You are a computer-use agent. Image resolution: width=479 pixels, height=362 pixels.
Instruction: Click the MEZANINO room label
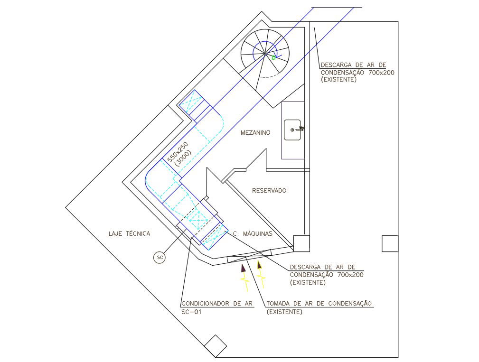click(255, 133)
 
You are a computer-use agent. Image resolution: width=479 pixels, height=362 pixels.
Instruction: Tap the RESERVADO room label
click(269, 191)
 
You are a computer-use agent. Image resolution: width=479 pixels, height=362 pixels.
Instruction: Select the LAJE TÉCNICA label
click(129, 233)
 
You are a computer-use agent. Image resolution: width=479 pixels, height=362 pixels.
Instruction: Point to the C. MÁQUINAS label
click(253, 233)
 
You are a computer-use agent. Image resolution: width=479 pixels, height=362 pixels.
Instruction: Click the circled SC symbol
click(160, 258)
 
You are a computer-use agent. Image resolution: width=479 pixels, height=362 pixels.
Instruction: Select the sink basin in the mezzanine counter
click(292, 130)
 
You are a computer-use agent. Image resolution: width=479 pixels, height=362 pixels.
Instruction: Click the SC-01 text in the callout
click(192, 312)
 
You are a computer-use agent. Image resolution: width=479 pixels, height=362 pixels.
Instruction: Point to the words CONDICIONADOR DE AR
click(216, 304)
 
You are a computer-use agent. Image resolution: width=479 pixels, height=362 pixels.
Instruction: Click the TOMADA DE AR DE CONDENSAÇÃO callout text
click(319, 304)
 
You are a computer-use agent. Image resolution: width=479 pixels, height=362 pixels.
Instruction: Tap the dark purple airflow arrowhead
click(244, 268)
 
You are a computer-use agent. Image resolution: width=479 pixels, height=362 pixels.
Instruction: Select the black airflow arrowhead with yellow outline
click(259, 265)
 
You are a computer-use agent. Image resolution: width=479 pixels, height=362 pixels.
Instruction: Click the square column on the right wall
click(390, 243)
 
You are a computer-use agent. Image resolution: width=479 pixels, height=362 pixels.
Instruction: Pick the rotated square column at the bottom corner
click(216, 346)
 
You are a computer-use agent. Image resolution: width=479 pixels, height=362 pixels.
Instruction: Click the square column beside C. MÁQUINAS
click(301, 243)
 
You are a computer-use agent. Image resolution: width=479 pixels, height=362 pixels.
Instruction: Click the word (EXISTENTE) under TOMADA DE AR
click(284, 312)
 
